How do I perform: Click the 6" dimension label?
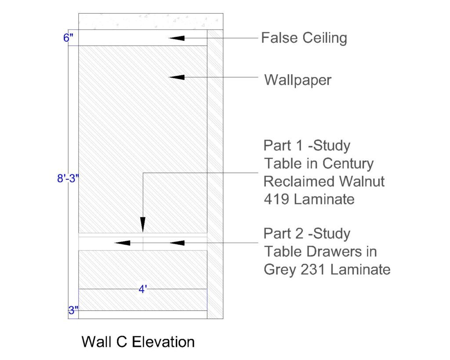pyautogui.click(x=68, y=38)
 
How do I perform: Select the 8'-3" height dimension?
pyautogui.click(x=68, y=178)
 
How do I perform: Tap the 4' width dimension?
pyautogui.click(x=143, y=289)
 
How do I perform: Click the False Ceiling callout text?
pyautogui.click(x=304, y=38)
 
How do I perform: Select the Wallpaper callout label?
pyautogui.click(x=298, y=80)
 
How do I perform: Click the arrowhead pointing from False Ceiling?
pyautogui.click(x=177, y=38)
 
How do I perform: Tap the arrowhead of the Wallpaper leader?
pyautogui.click(x=177, y=77)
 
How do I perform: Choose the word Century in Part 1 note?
pyautogui.click(x=348, y=164)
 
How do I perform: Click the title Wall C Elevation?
pyautogui.click(x=138, y=342)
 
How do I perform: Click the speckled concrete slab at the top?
pyautogui.click(x=151, y=21)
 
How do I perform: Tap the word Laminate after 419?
pyautogui.click(x=324, y=199)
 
